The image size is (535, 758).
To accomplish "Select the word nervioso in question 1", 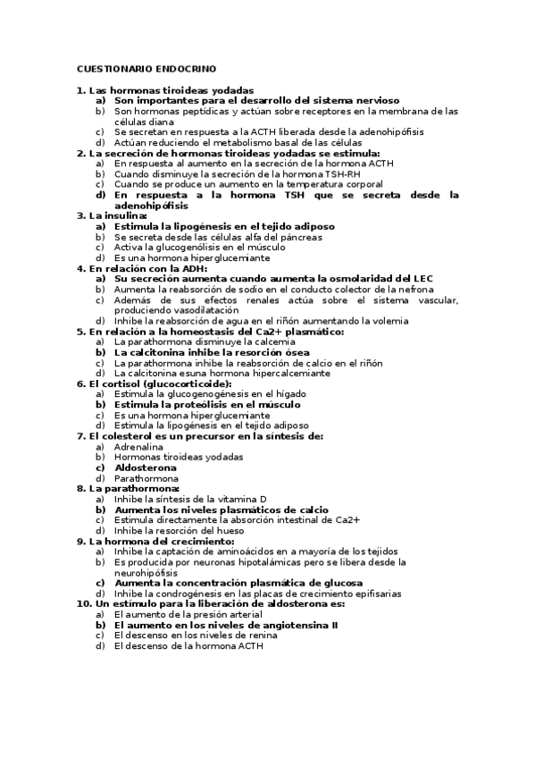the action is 372,101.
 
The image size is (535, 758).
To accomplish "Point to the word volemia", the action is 390,321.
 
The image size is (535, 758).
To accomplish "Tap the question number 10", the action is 83,603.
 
